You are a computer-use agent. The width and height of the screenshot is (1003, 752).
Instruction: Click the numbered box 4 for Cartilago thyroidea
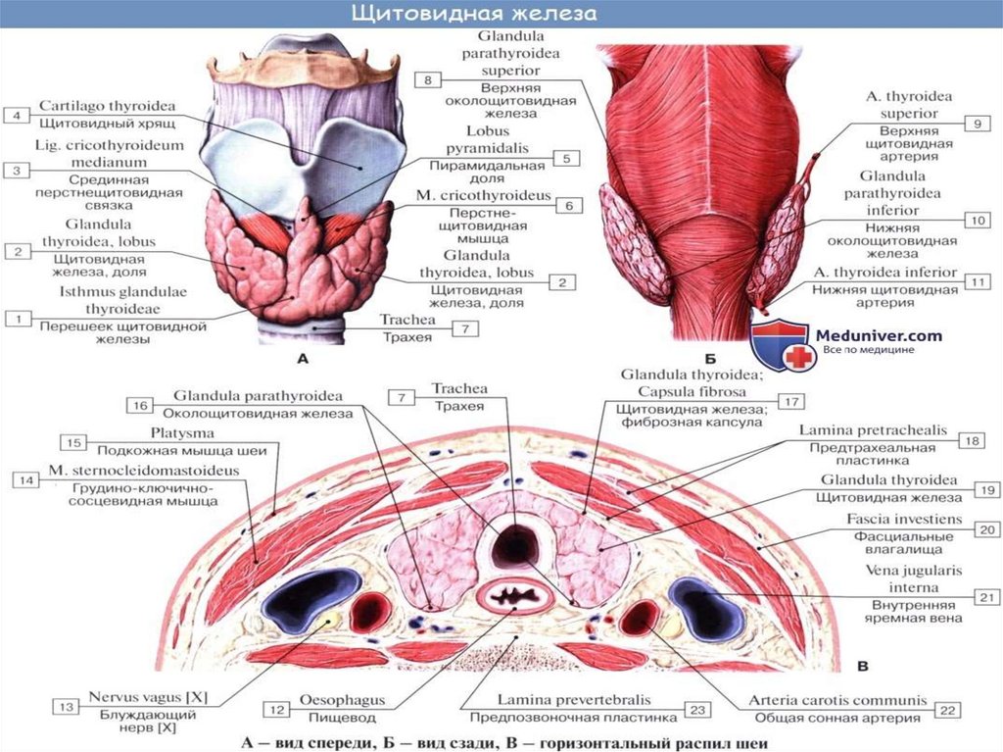click(x=17, y=116)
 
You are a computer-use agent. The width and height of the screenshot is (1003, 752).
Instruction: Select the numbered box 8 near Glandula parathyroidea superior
click(x=428, y=78)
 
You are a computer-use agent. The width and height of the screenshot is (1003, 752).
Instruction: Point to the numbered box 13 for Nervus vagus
click(x=67, y=707)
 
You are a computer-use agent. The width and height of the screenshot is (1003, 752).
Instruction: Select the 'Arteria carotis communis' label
click(x=836, y=701)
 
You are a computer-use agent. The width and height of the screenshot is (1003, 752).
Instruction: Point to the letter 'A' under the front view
click(x=302, y=360)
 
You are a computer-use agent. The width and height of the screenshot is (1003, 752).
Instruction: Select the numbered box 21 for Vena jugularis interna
click(x=985, y=596)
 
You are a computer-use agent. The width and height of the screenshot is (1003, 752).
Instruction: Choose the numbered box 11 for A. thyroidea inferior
click(x=979, y=281)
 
